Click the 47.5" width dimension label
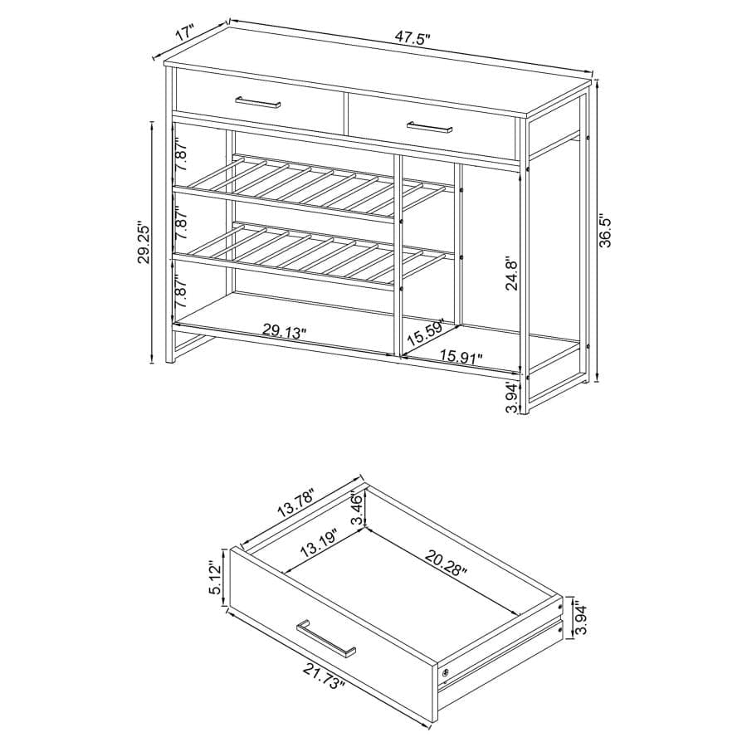point(413,38)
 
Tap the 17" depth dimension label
point(184,36)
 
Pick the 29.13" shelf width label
point(285,331)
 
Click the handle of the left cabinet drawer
point(258,103)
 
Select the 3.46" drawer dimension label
point(358,509)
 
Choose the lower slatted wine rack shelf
point(315,255)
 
